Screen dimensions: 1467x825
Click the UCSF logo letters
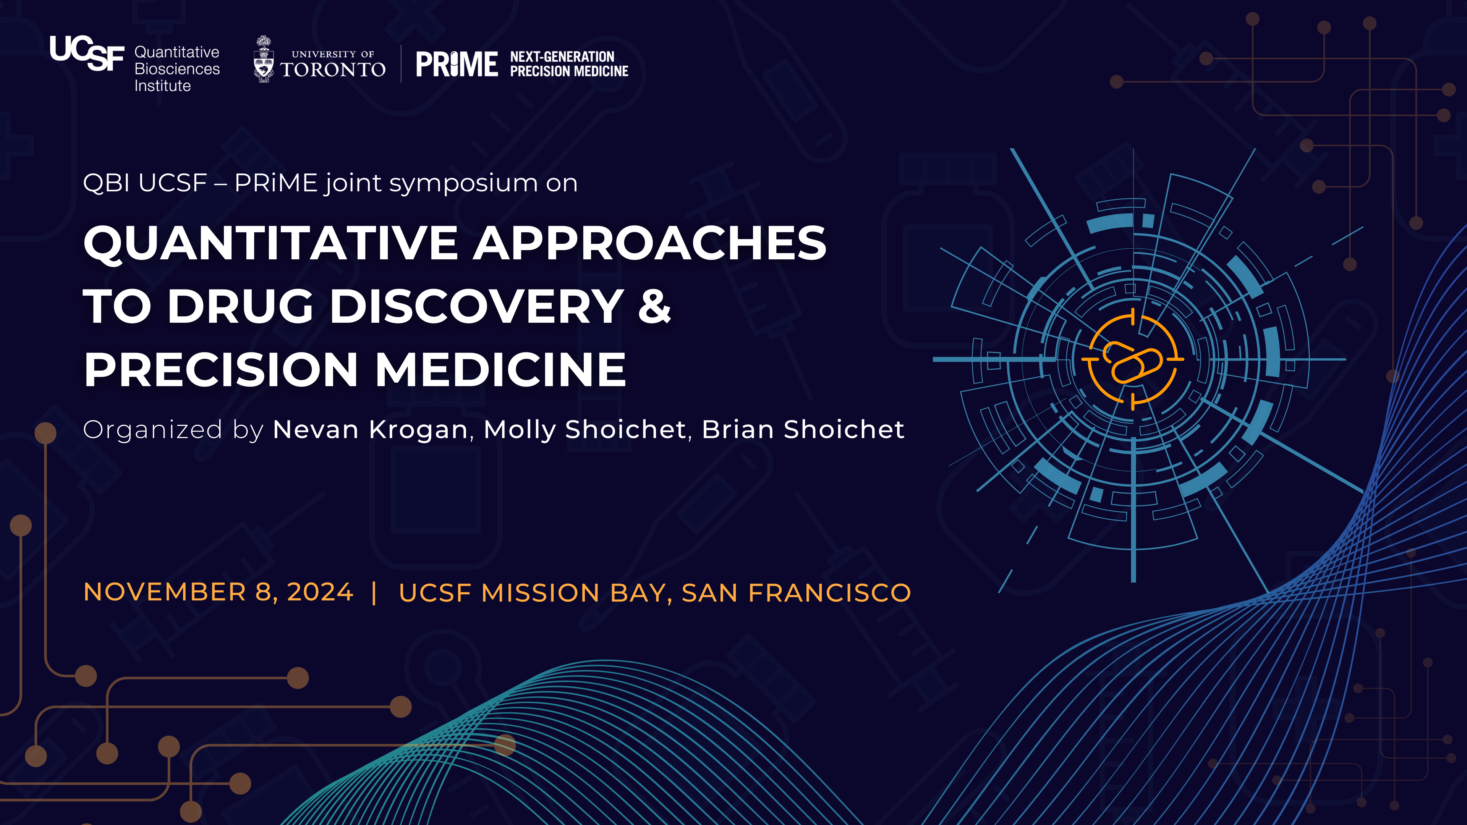[87, 53]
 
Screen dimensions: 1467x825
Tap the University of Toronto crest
[263, 59]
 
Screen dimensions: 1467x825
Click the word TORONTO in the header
[333, 70]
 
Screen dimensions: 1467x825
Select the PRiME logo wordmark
[457, 64]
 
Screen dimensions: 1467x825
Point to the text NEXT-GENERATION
[562, 57]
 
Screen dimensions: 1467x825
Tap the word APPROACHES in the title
[650, 243]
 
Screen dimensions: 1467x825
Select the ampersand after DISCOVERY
[655, 306]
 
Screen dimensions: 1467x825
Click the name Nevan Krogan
[370, 429]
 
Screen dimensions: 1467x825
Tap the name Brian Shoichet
[803, 429]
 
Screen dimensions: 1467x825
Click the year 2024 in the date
[320, 592]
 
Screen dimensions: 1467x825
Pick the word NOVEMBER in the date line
[165, 592]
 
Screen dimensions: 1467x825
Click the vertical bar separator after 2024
[374, 593]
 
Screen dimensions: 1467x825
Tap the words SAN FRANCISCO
[796, 593]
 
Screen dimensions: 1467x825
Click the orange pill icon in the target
[1132, 362]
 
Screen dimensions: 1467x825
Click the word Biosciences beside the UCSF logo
[177, 69]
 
